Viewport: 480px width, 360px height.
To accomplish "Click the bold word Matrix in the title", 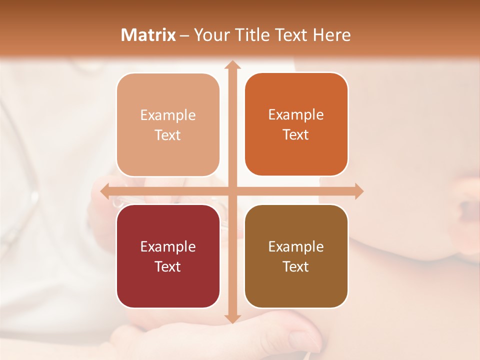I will tap(148, 35).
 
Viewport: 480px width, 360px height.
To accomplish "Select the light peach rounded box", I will tap(168, 125).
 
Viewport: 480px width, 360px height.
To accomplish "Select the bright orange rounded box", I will tap(296, 124).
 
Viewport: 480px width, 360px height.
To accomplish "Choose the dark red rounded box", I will tap(168, 256).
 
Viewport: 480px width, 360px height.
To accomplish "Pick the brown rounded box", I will tap(296, 256).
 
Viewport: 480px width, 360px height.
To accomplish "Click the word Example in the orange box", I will tap(296, 115).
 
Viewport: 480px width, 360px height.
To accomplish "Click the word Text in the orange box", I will tap(296, 135).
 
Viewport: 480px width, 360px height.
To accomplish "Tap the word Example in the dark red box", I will tap(168, 246).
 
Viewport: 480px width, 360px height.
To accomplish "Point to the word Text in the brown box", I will tap(296, 266).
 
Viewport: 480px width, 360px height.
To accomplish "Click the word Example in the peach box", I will tap(168, 115).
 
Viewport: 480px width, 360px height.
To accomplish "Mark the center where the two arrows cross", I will tap(231, 191).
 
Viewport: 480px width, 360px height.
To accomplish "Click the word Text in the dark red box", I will tap(168, 266).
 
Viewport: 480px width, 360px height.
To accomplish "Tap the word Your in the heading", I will tap(210, 35).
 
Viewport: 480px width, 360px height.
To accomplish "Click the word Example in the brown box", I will tap(296, 246).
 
